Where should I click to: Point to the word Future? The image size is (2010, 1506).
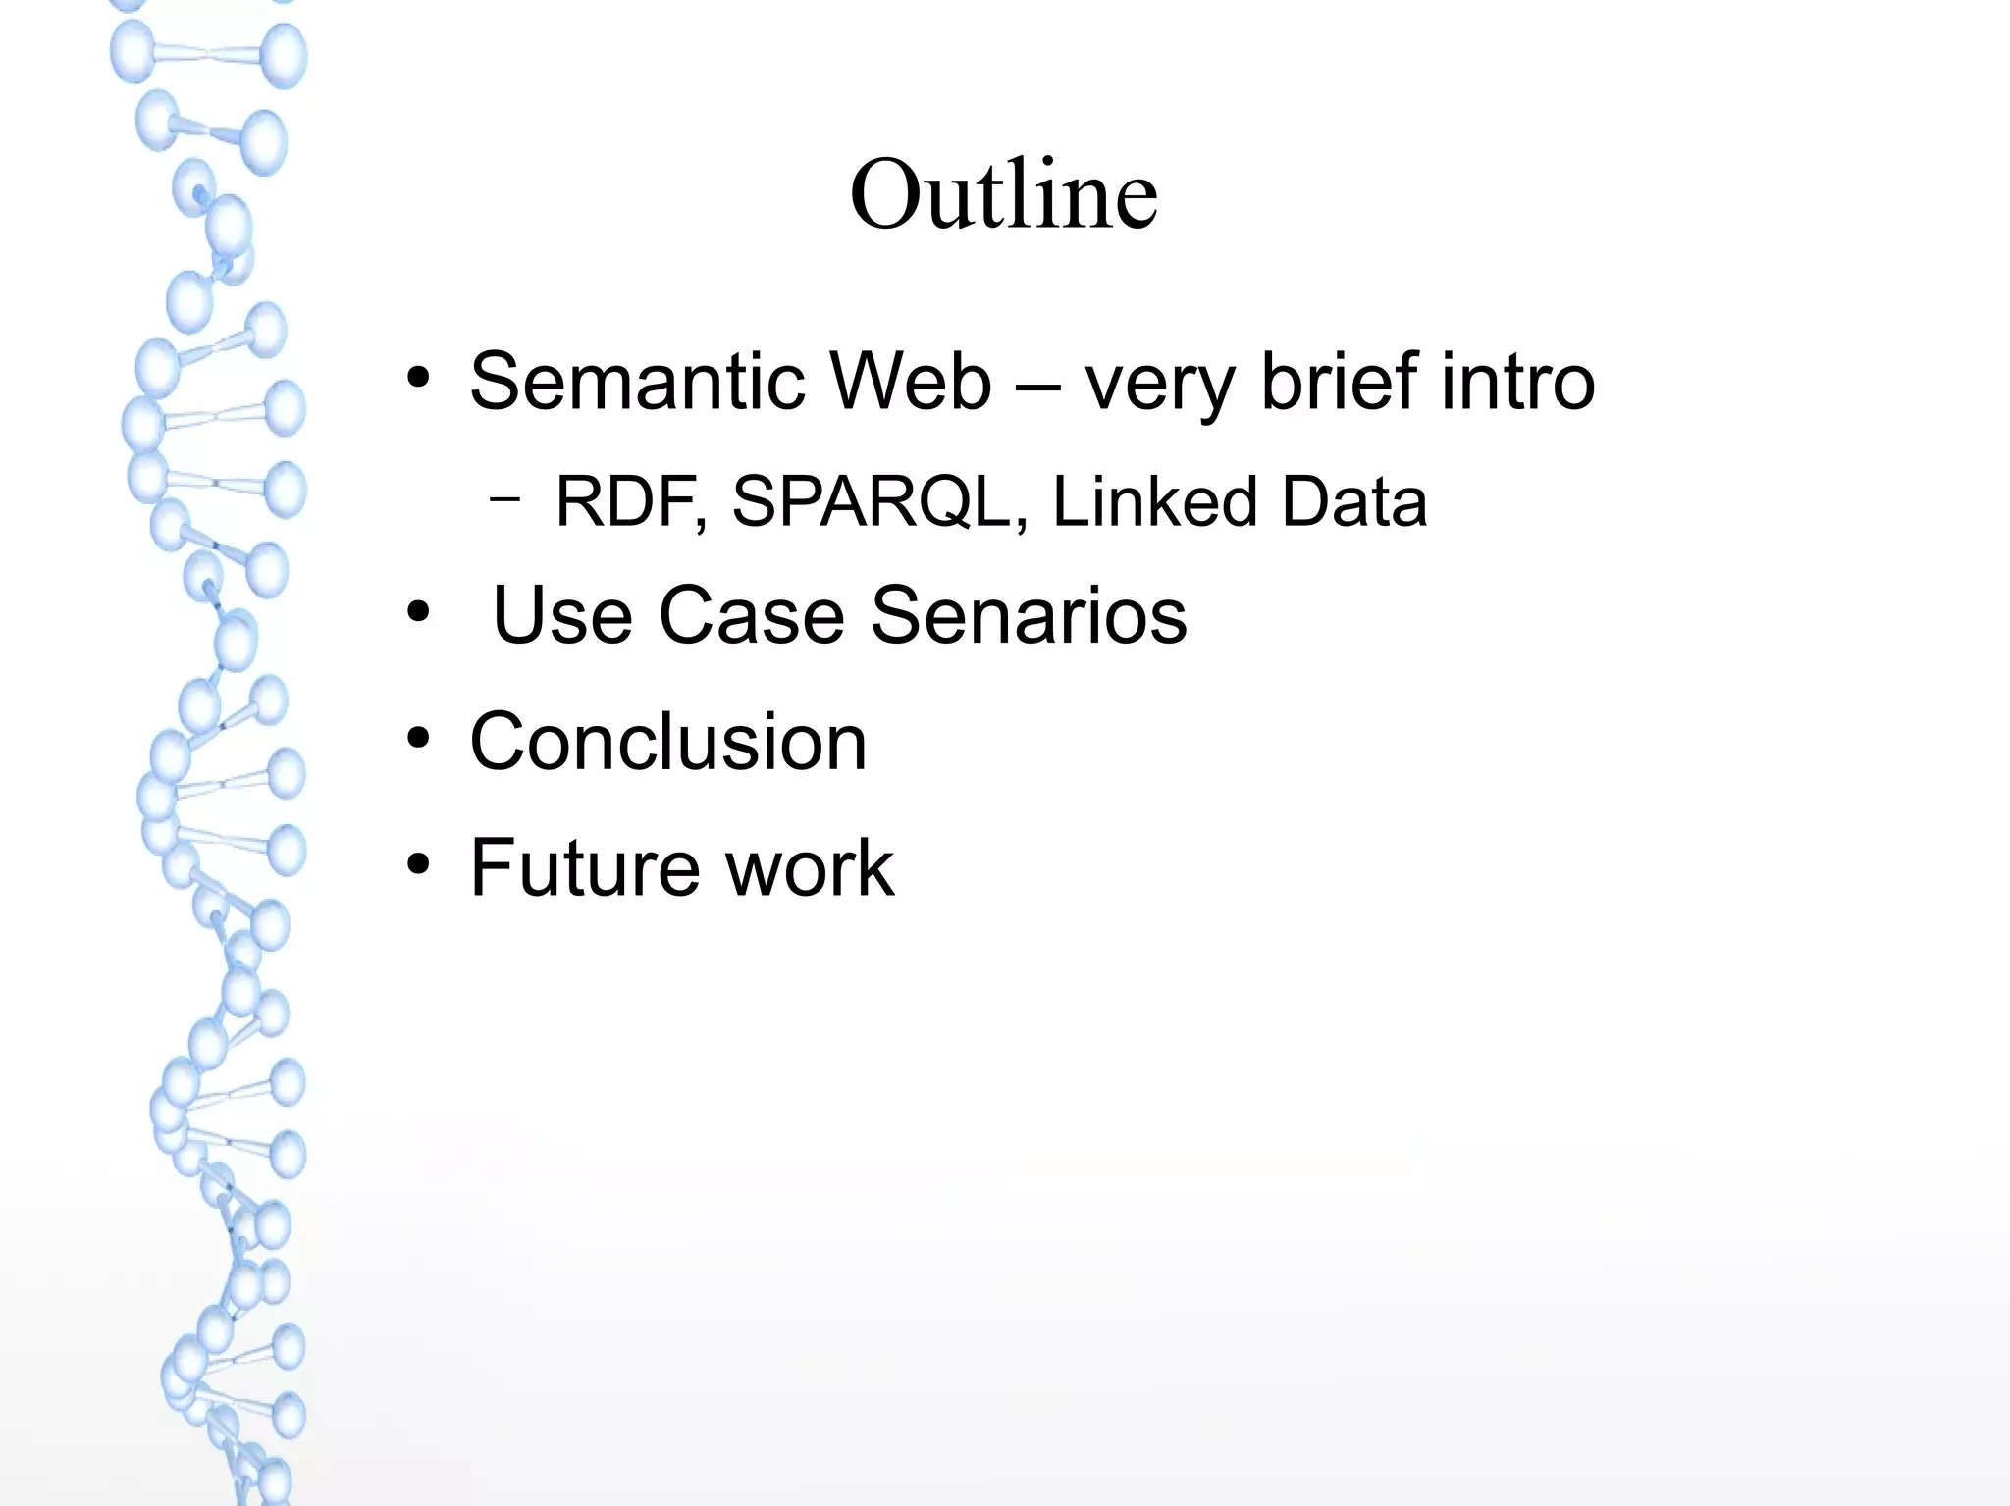585,867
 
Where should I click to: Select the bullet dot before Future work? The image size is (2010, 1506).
419,865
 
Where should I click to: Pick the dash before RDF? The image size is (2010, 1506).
504,499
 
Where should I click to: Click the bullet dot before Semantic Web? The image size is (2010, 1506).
419,379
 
